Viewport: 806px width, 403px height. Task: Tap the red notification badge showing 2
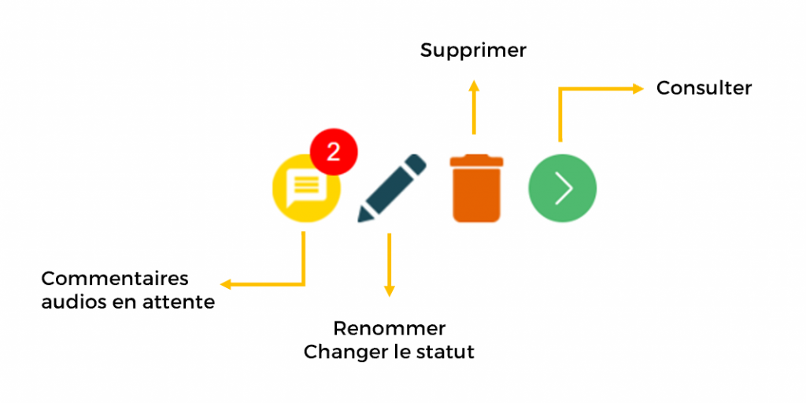(x=334, y=152)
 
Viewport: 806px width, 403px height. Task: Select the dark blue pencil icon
(x=392, y=188)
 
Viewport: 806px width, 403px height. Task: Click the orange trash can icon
(x=476, y=188)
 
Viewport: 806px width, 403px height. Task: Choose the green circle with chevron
(x=562, y=188)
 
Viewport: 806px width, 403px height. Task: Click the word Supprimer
(x=473, y=51)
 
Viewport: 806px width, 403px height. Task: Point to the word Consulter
(x=704, y=88)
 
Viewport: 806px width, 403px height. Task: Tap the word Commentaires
(x=115, y=279)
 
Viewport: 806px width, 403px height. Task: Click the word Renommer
(x=389, y=328)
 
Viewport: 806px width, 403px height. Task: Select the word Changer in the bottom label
(x=343, y=353)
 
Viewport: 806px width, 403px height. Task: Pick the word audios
(x=73, y=302)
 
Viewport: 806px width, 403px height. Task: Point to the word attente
(x=181, y=303)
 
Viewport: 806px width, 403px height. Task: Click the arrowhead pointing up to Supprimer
(x=474, y=85)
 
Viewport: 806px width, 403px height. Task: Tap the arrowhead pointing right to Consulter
(x=638, y=89)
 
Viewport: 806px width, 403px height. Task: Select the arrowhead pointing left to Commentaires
(x=226, y=284)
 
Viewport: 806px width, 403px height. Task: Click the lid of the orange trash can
(x=476, y=160)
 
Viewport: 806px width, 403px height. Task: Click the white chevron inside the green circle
(x=564, y=188)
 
